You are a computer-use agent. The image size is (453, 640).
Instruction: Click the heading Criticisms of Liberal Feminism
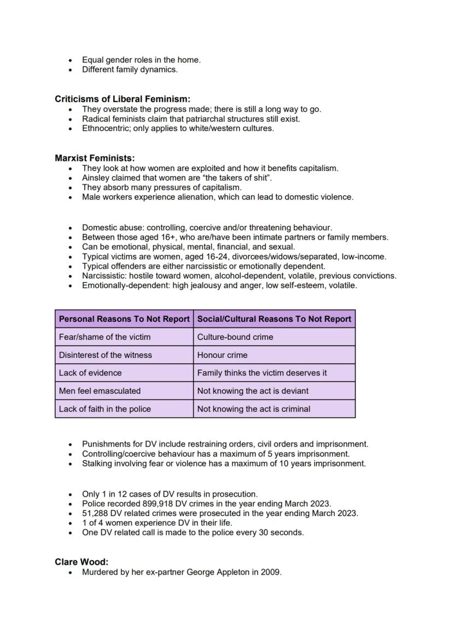coord(122,99)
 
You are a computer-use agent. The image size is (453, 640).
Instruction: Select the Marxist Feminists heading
coord(95,158)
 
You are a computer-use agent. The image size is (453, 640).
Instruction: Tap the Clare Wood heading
coord(82,562)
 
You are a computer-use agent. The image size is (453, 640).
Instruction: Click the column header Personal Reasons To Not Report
coord(124,319)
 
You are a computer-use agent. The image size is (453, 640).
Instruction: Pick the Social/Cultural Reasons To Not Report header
coord(274,319)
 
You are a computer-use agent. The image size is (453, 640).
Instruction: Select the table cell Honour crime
coord(222,355)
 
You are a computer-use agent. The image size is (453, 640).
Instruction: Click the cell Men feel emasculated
coord(100,391)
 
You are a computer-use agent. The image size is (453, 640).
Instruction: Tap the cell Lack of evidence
coord(90,373)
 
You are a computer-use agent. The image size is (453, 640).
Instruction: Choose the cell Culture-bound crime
coord(235,337)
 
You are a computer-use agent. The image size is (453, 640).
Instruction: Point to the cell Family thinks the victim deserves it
coord(262,373)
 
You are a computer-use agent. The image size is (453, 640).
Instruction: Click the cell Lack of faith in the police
coord(104,409)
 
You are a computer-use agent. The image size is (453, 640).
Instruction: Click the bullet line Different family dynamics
coord(130,69)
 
